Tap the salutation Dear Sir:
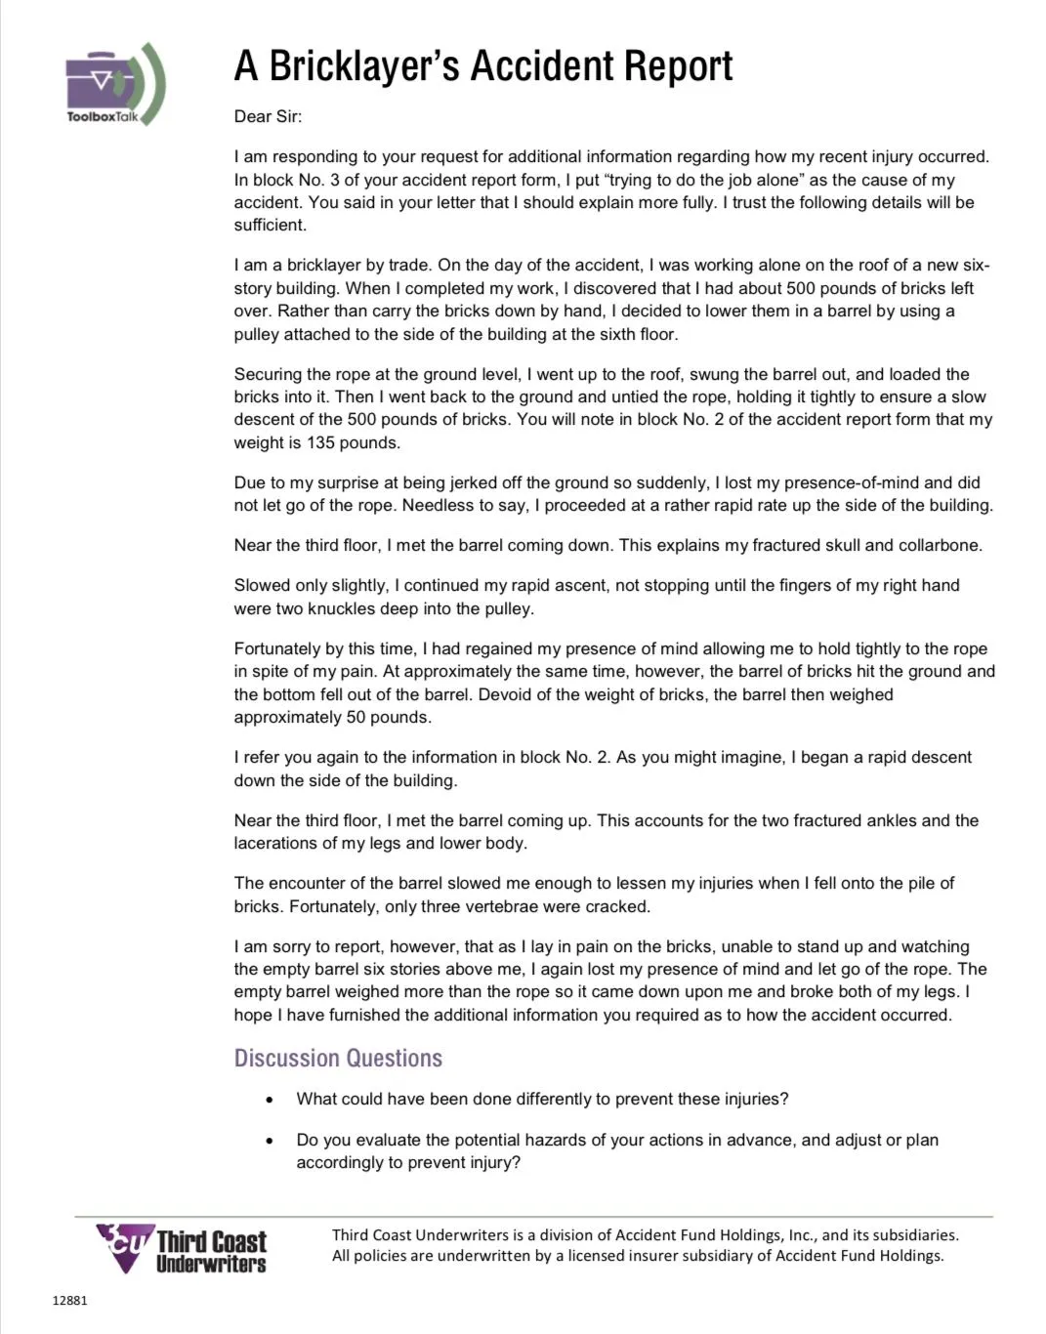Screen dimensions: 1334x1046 [x=268, y=116]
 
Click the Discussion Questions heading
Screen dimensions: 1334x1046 [x=338, y=1058]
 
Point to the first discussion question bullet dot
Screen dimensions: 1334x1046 [x=270, y=1100]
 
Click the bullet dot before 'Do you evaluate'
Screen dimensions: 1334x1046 [x=270, y=1141]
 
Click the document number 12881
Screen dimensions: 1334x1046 [x=69, y=1300]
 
